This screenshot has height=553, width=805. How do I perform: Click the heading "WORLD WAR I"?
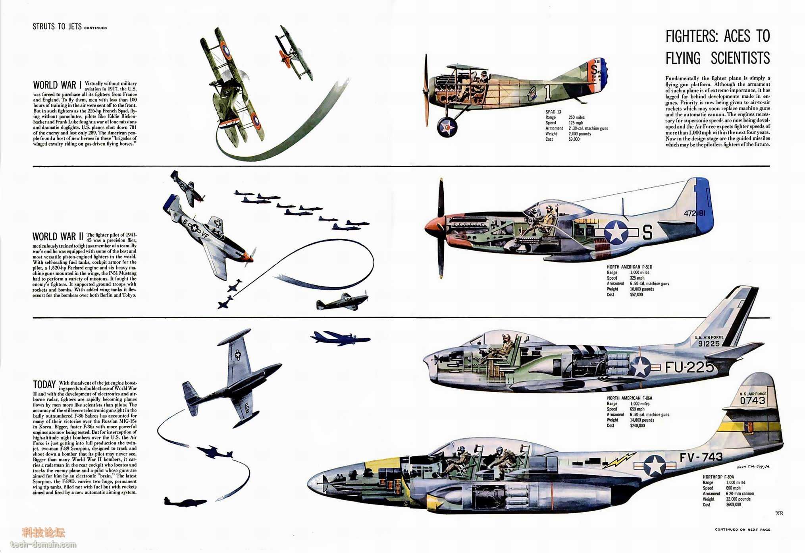57,85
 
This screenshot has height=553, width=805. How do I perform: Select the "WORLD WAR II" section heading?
58,237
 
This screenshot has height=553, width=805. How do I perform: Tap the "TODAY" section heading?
44,385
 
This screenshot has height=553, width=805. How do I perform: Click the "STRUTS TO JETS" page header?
57,27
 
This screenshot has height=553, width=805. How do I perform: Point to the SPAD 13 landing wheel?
447,127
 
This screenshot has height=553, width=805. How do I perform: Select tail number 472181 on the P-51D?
695,213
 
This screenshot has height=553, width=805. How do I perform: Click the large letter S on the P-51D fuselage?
647,232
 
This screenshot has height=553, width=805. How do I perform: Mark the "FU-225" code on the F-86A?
689,367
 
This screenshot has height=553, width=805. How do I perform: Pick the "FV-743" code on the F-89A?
701,458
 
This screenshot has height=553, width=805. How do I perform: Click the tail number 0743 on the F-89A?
753,400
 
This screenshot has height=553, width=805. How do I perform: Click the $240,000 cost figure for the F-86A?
637,425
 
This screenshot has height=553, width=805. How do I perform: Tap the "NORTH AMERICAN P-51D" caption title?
630,267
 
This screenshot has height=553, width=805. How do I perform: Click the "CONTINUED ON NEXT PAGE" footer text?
743,530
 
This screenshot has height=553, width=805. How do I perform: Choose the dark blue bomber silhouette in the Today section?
340,338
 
